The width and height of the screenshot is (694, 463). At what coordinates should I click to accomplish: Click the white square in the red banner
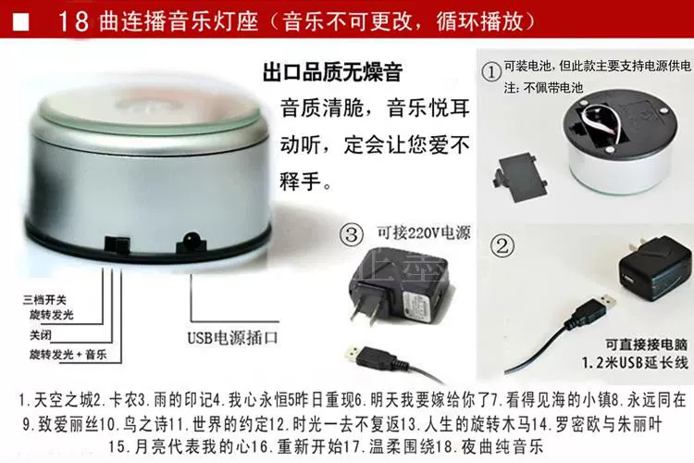click(20, 22)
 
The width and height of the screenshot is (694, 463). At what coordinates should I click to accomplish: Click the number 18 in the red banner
click(74, 21)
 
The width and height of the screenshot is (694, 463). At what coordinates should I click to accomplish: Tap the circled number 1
click(490, 72)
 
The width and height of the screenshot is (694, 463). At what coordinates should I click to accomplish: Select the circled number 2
click(502, 245)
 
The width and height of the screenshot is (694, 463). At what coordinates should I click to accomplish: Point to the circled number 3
click(352, 234)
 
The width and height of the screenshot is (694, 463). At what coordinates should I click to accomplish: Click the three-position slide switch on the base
click(117, 245)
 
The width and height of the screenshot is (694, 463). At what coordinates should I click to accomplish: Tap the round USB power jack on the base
click(192, 242)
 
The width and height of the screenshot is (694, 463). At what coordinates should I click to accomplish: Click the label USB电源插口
click(233, 338)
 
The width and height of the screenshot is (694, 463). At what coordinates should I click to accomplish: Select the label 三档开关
click(44, 300)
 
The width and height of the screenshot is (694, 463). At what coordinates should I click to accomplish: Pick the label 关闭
click(41, 335)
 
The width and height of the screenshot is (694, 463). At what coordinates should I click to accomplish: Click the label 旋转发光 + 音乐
click(68, 355)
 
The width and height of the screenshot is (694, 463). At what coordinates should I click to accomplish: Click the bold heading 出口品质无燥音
click(332, 72)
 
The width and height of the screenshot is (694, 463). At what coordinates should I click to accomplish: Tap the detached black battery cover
click(519, 177)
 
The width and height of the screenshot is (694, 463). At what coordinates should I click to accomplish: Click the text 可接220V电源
click(424, 232)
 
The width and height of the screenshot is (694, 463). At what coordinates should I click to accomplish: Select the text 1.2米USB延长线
click(636, 362)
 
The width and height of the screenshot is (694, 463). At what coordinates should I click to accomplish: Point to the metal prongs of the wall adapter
click(367, 307)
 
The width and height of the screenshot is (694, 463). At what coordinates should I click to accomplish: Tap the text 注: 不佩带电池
click(543, 88)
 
